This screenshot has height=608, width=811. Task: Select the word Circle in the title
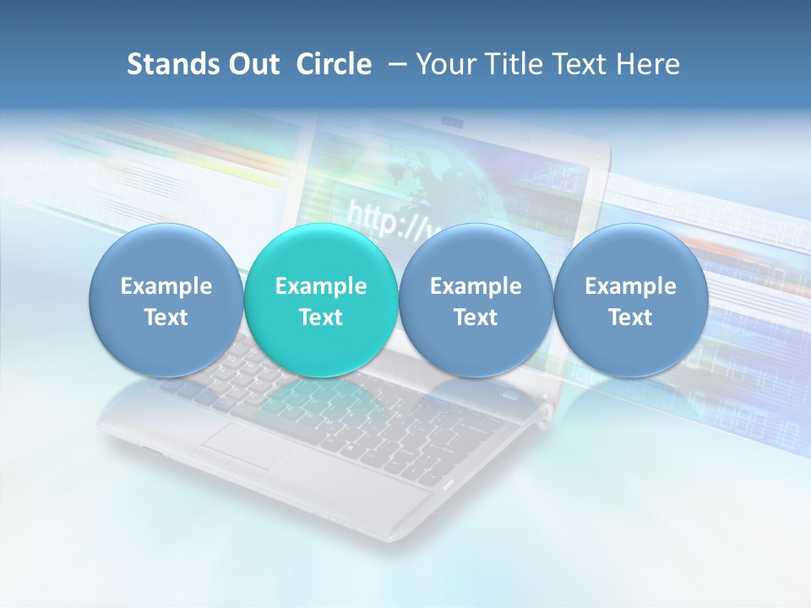(334, 64)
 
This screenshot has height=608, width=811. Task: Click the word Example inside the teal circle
(321, 286)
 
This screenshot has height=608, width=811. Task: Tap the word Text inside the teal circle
(321, 318)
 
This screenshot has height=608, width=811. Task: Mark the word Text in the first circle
(166, 318)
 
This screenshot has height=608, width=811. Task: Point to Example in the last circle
(630, 286)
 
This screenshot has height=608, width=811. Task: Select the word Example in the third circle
(476, 286)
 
